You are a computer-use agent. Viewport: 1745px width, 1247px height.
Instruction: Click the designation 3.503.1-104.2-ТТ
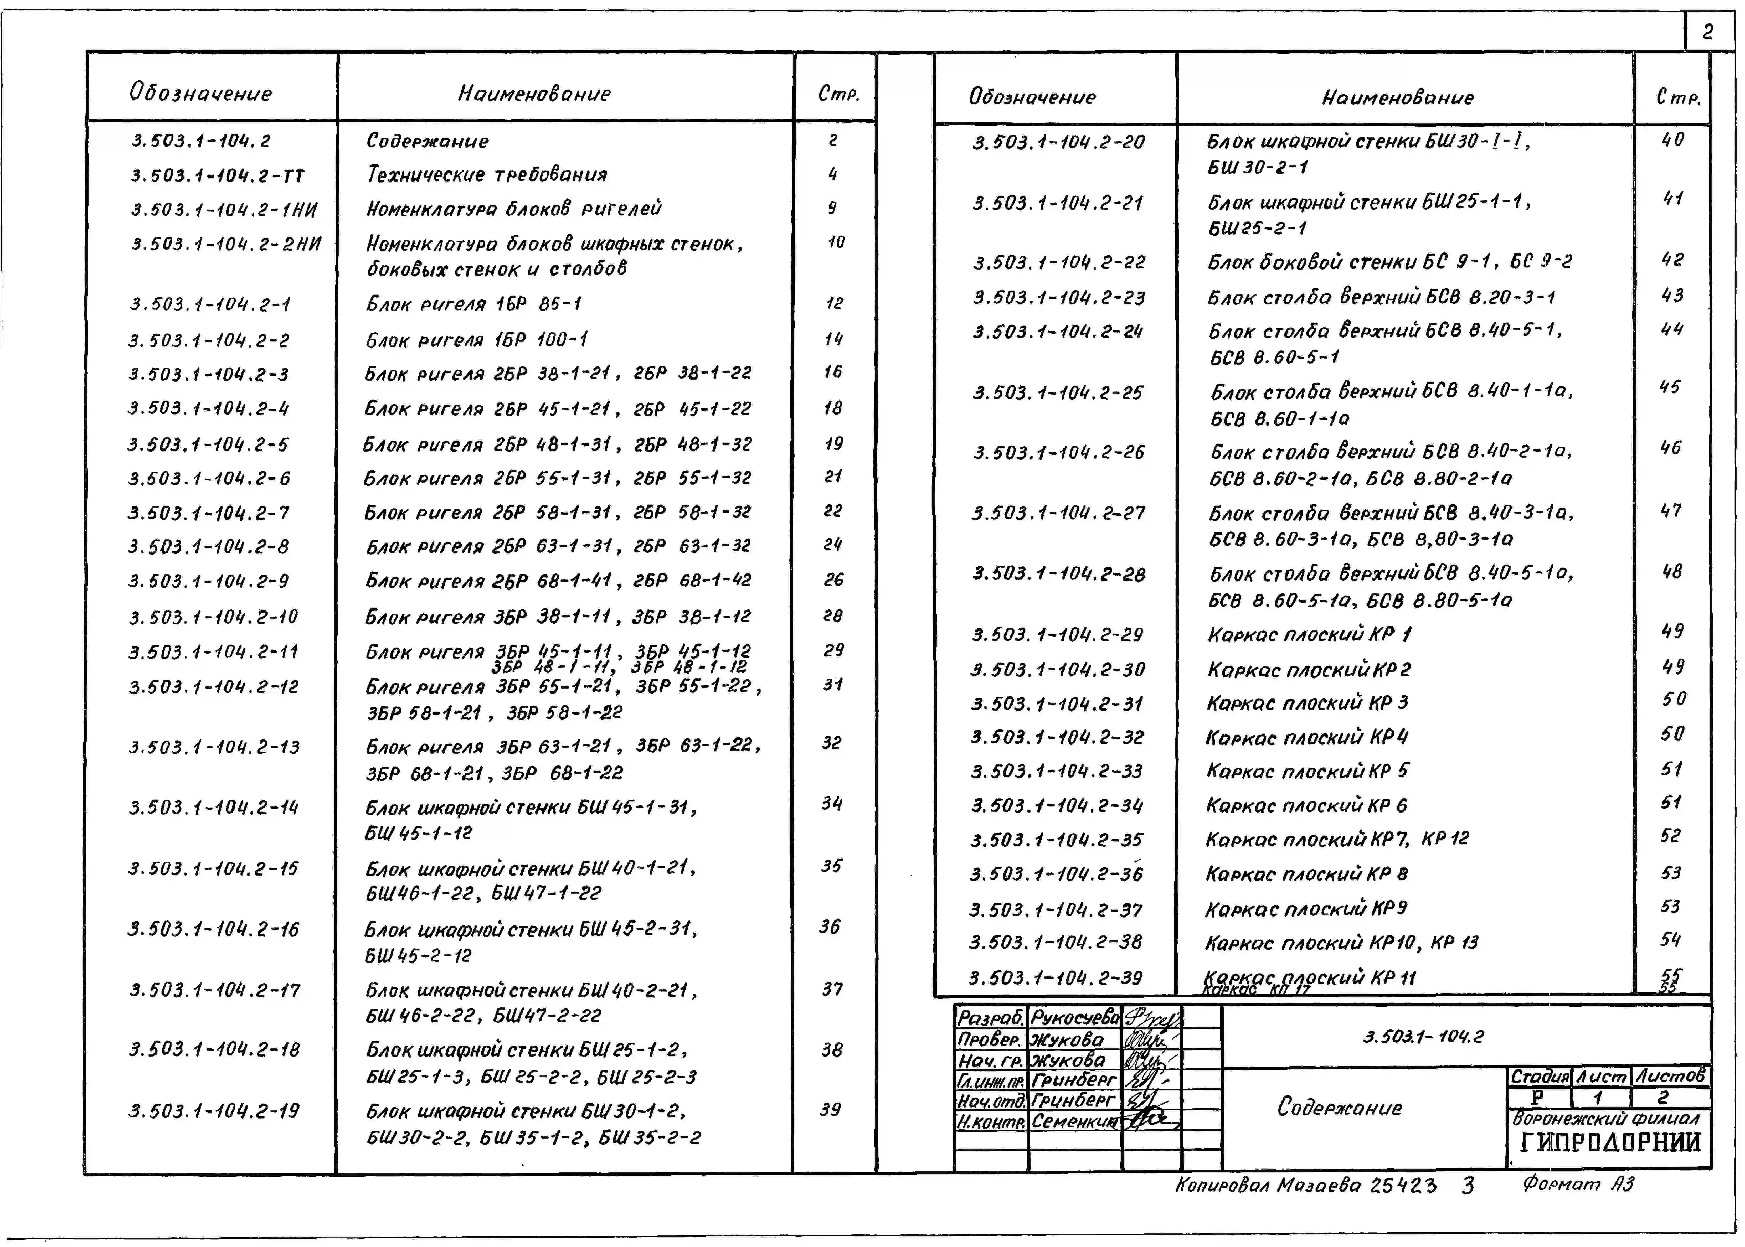(x=217, y=176)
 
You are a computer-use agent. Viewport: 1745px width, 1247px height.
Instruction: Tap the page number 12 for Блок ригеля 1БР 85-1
(x=834, y=303)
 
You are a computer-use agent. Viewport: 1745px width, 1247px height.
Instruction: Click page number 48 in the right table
(x=1671, y=572)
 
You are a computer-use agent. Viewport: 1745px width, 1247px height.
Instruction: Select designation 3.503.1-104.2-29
(x=1058, y=635)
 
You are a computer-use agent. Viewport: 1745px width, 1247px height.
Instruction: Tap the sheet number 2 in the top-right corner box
(x=1707, y=32)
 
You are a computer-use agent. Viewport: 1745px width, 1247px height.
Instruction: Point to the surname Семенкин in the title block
(x=1074, y=1121)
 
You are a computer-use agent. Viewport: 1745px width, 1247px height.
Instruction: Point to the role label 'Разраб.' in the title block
(x=989, y=1018)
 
